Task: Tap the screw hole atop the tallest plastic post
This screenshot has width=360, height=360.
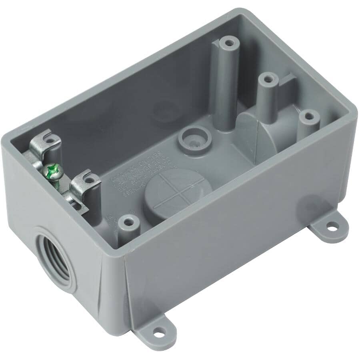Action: tap(228, 42)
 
